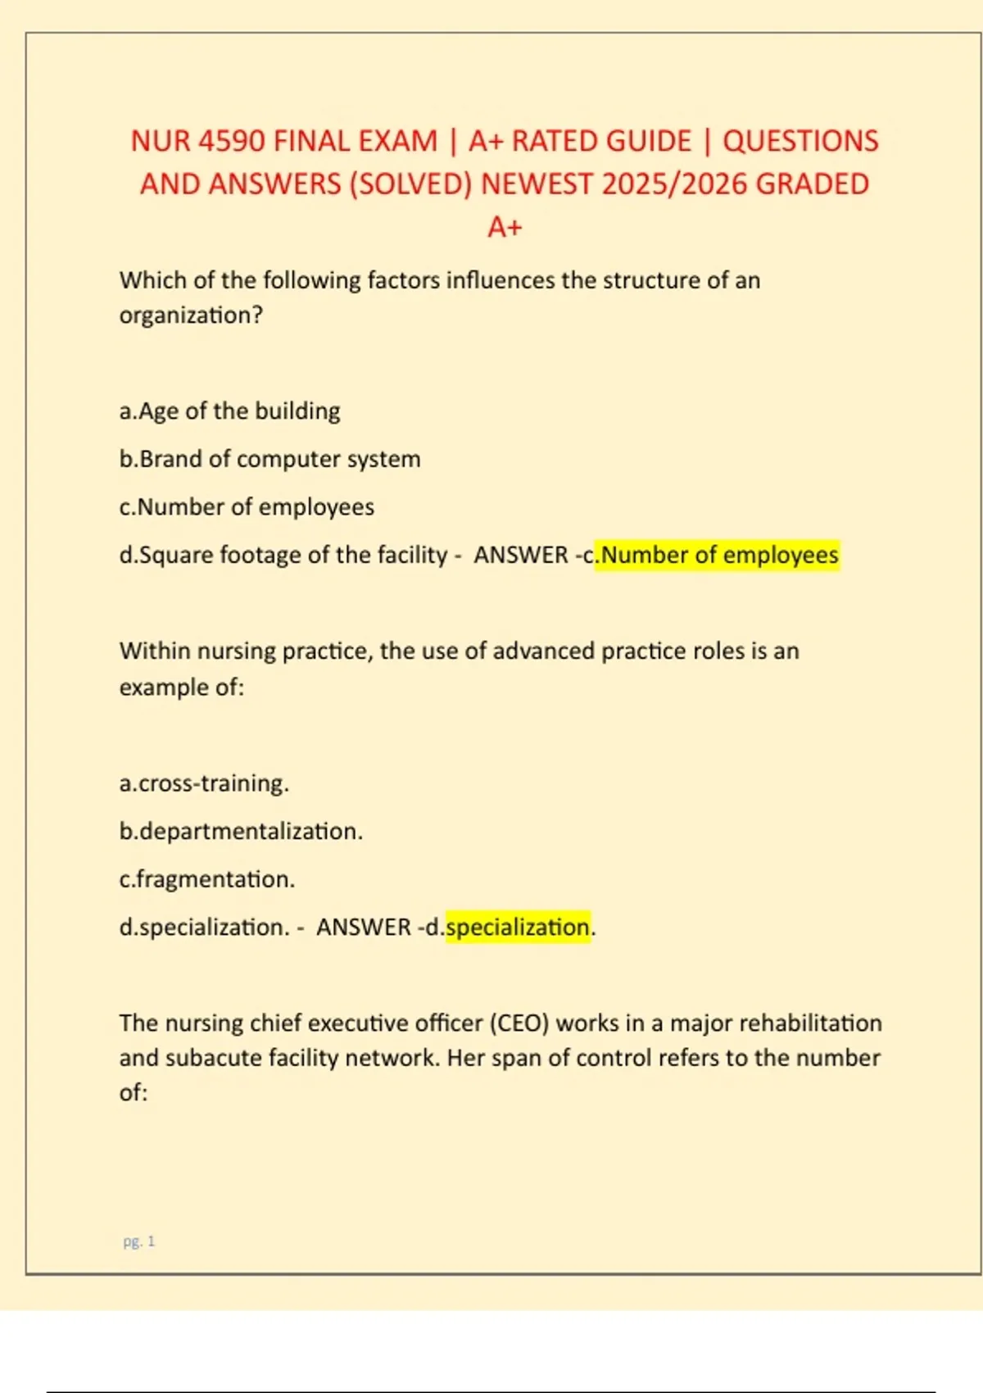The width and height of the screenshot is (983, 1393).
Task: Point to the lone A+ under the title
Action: tap(505, 227)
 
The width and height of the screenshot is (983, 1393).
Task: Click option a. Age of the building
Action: tap(230, 411)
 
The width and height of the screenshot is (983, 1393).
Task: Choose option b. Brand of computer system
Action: tap(270, 459)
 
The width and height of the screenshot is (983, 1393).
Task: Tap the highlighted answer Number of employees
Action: tap(719, 555)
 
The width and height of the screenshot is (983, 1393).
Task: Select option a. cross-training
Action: tap(205, 783)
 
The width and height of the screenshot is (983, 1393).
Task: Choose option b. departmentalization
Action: tap(242, 831)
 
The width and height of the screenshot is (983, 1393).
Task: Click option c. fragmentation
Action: tap(207, 879)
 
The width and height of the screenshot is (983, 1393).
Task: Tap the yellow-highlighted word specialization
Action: tap(518, 927)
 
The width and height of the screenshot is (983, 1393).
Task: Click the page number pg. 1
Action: tap(139, 1241)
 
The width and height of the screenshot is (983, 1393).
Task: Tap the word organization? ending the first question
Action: tap(191, 315)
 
